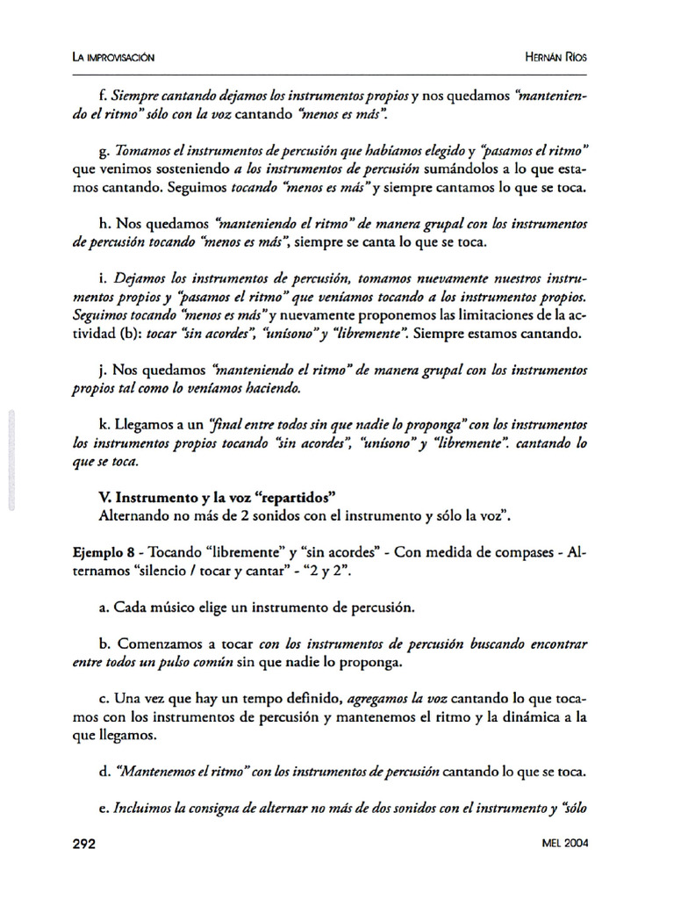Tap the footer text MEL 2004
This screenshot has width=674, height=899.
565,844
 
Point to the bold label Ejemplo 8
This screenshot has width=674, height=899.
103,554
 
